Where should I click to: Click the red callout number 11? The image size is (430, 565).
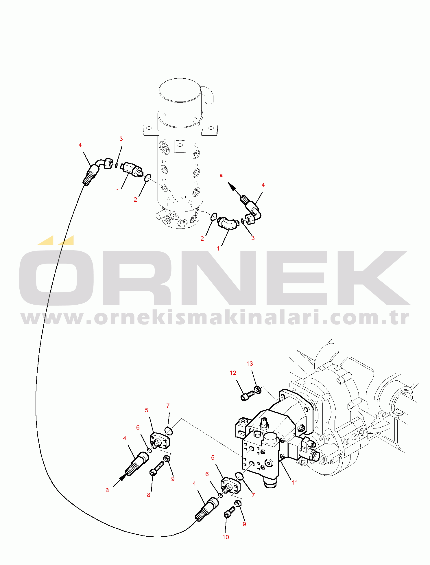(295, 482)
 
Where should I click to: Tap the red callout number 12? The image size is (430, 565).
(233, 373)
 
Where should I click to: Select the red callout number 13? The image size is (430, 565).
(250, 364)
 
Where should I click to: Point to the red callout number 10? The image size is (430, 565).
(226, 537)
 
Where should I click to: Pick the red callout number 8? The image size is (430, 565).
(149, 495)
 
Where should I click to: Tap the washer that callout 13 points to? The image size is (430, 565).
(258, 389)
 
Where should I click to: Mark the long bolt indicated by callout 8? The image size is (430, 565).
(156, 469)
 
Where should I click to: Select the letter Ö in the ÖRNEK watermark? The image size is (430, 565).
(56, 272)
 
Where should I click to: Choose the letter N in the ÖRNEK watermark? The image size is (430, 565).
(219, 278)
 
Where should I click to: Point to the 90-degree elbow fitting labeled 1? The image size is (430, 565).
(228, 224)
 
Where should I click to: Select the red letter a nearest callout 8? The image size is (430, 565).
(107, 489)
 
